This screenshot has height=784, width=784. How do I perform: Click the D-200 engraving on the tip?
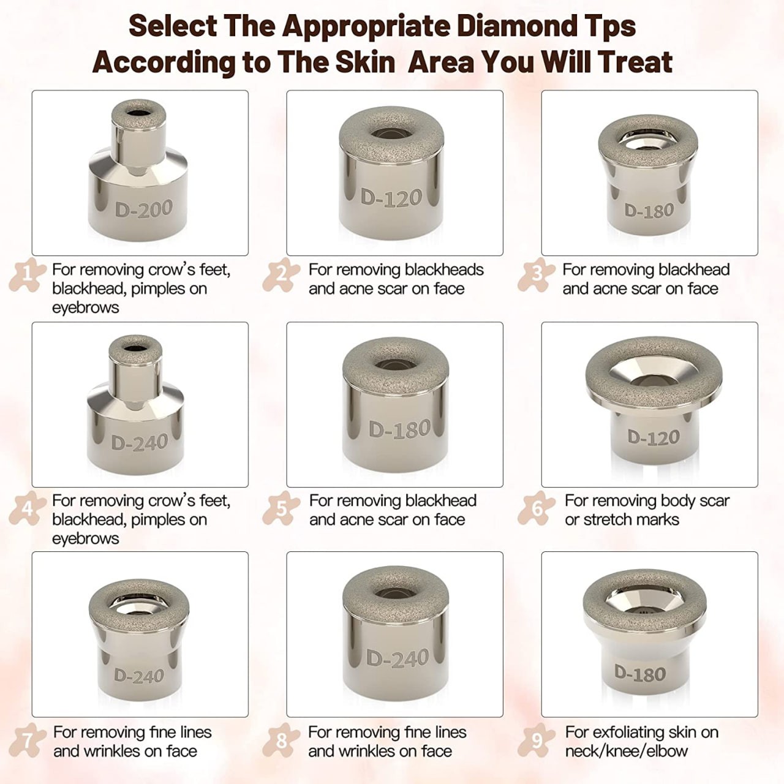pyautogui.click(x=143, y=209)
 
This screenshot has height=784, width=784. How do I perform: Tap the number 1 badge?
pyautogui.click(x=28, y=275)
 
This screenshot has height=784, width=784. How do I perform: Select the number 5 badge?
pyautogui.click(x=281, y=508)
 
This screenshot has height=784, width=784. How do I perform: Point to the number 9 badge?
pyautogui.click(x=537, y=740)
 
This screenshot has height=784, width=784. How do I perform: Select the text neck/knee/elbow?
pyautogui.click(x=626, y=751)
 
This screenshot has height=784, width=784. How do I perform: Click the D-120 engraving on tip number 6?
pyautogui.click(x=654, y=437)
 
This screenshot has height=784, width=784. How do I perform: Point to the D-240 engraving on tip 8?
pyautogui.click(x=398, y=659)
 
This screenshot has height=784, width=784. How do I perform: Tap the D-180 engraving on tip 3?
pyautogui.click(x=649, y=211)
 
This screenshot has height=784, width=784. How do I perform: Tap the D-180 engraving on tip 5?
pyautogui.click(x=399, y=429)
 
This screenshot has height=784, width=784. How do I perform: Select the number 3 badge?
pyautogui.click(x=537, y=275)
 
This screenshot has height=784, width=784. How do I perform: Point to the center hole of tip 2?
pyautogui.click(x=391, y=134)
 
